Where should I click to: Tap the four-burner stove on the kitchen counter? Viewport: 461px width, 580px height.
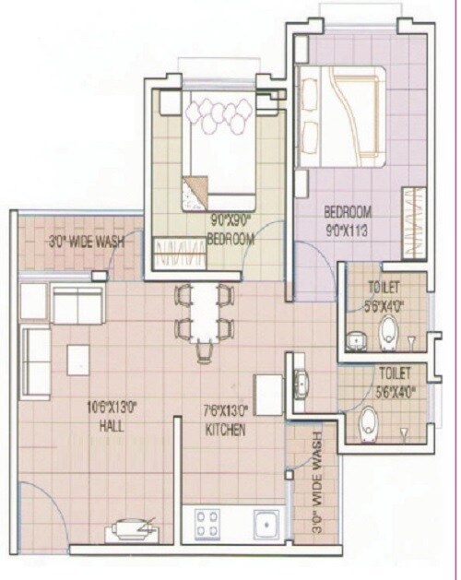coord(206,525)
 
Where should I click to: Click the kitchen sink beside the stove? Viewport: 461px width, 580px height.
coord(266,525)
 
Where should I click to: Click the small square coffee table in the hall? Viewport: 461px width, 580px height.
coord(77,360)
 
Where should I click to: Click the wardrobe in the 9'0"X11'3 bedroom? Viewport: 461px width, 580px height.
coord(414,224)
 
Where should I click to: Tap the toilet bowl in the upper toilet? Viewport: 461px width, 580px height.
coord(389,328)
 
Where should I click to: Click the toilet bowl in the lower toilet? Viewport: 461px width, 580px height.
coord(368,424)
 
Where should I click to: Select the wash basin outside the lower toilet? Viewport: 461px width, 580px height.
coord(300,385)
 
